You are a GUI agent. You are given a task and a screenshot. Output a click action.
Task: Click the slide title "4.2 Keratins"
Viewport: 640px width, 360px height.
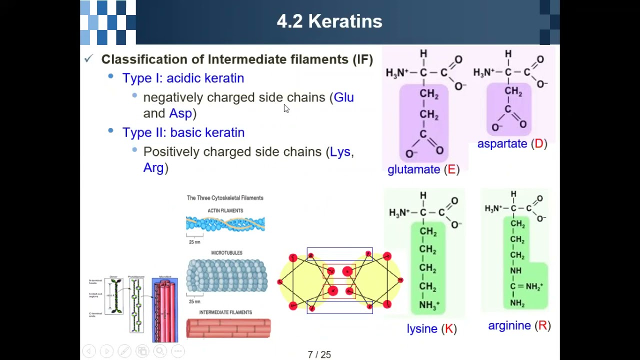pos(329,21)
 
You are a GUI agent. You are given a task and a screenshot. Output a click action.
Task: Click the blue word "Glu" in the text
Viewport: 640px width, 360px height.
pos(343,97)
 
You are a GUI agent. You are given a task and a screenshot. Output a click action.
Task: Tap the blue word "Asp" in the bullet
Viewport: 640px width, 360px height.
pos(180,113)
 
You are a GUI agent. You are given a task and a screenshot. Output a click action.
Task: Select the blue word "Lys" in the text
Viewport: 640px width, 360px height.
pos(340,152)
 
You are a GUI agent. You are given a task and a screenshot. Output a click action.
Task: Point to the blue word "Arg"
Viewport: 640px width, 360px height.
pos(153,168)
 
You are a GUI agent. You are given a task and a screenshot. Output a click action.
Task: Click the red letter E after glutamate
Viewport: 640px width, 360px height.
pos(451,169)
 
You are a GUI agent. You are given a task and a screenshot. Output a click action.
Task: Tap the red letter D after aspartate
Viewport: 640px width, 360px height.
pos(538,144)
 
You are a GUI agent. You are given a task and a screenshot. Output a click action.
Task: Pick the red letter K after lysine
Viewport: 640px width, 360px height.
pos(449,328)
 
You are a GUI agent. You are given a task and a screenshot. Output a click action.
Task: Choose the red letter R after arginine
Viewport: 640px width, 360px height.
pos(542,326)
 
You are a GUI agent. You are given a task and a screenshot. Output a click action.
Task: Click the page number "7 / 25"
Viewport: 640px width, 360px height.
pos(319,355)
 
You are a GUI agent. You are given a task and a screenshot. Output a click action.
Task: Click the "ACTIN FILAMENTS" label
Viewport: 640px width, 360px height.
pos(225,211)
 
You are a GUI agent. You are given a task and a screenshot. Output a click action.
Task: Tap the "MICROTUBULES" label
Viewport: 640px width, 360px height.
pos(226,253)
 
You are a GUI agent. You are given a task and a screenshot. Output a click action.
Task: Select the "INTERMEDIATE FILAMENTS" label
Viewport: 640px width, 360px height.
pos(225,312)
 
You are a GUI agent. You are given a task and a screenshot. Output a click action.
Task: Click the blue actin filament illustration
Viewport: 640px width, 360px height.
pos(225,224)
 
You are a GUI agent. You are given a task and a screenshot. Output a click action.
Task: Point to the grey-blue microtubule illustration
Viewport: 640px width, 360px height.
pos(227,275)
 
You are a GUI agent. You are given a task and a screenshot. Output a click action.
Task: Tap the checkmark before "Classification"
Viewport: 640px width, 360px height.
pos(88,59)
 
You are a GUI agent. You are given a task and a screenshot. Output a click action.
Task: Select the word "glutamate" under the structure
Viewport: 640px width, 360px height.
pos(413,169)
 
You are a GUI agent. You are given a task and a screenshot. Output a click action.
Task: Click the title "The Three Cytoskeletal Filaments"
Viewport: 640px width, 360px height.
pos(225,198)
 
